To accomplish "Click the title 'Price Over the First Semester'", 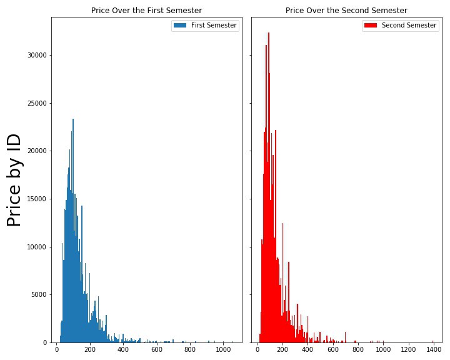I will pyautogui.click(x=146, y=11).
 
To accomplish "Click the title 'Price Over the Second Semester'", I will pyautogui.click(x=346, y=11).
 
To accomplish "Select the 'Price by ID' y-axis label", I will pyautogui.click(x=14, y=181).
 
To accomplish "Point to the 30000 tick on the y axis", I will pyautogui.click(x=37, y=56).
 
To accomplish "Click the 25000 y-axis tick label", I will pyautogui.click(x=37, y=104).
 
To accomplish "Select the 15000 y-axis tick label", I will pyautogui.click(x=37, y=199).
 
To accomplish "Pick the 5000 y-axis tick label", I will pyautogui.click(x=39, y=295).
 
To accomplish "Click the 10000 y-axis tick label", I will pyautogui.click(x=37, y=247).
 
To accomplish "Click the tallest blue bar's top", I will pyautogui.click(x=73, y=119).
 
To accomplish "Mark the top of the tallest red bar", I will pyautogui.click(x=269, y=33).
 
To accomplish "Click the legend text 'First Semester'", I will pyautogui.click(x=214, y=26).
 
